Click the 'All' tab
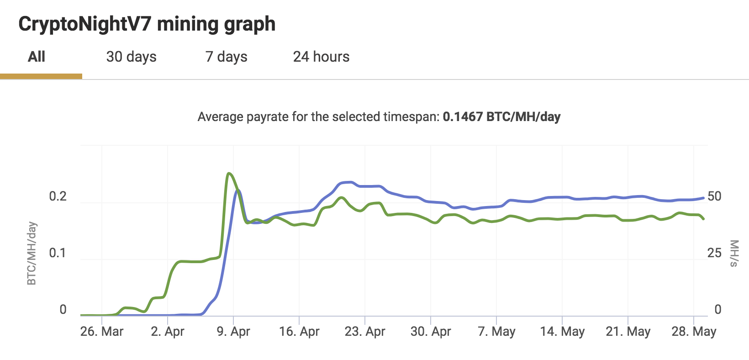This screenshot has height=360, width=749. click(37, 57)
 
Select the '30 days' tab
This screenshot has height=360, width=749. click(131, 57)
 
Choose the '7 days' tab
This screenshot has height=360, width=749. click(226, 57)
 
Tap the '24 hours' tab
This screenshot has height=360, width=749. click(321, 57)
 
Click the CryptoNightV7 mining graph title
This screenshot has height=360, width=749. click(147, 24)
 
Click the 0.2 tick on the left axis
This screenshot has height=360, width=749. click(58, 196)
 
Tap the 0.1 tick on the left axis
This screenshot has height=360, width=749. click(58, 253)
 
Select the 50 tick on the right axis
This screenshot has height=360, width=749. click(714, 196)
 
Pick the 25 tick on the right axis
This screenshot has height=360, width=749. click(714, 253)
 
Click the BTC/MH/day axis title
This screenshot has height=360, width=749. click(32, 254)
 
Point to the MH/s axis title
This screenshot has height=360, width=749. click(734, 254)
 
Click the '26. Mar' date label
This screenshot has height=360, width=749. click(102, 331)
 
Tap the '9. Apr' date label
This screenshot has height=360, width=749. click(233, 331)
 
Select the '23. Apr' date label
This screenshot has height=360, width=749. click(365, 331)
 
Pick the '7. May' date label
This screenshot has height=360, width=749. click(496, 331)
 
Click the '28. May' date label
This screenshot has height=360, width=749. click(694, 331)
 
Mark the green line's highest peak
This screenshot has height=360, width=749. click(229, 174)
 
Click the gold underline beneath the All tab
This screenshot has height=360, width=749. click(41, 76)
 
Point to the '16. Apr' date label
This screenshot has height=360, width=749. click(299, 331)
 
